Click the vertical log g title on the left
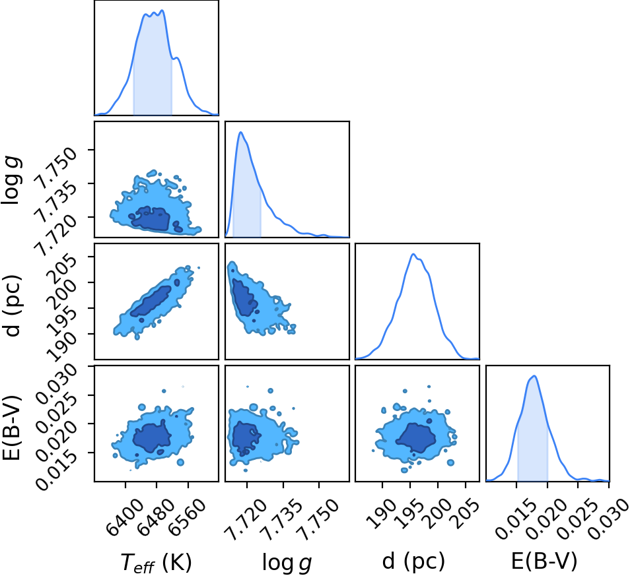pos(11,181)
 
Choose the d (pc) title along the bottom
pos(413,561)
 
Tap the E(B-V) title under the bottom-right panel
pos(544,561)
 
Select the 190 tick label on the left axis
pos(61,346)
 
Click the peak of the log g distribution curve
pos(241,132)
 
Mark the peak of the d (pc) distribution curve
pos(413,254)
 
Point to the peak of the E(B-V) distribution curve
pos(534,376)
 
